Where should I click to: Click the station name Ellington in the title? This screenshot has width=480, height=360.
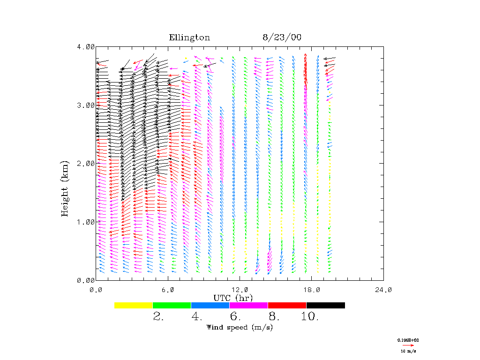coord(189,38)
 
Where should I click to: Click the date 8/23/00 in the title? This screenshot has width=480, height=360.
coord(282,38)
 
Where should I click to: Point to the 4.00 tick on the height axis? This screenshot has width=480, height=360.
coord(86,46)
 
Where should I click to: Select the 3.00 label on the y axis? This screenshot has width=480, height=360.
coord(86,105)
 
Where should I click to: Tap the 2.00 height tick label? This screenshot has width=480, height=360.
coord(86,163)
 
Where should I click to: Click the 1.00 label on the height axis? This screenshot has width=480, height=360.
coord(86,222)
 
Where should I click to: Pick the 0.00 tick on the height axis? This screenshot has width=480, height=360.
coord(86,280)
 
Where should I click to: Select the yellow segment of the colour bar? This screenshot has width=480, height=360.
coord(134,305)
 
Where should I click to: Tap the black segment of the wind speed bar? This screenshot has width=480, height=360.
coord(326,305)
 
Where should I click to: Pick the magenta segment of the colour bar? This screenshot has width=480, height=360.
coord(249,305)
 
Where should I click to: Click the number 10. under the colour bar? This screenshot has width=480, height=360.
coord(310,317)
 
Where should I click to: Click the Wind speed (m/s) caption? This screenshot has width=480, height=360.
coord(240,327)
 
